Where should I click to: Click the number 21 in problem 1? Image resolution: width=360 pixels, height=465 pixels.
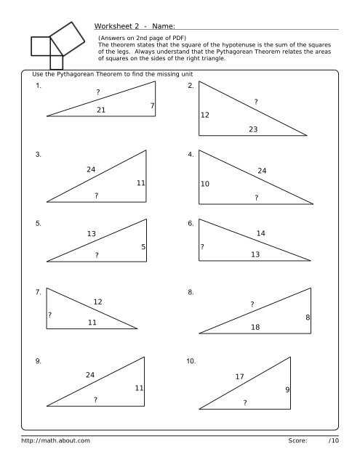click(x=101, y=110)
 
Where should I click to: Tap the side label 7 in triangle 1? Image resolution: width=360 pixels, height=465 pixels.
click(x=152, y=106)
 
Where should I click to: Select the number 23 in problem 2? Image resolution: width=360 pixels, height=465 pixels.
click(x=253, y=129)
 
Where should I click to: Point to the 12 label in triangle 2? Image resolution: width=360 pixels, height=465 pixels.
click(x=205, y=115)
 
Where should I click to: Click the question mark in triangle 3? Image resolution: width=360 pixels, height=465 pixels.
click(x=96, y=195)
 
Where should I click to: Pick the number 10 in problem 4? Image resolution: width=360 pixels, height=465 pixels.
click(x=205, y=184)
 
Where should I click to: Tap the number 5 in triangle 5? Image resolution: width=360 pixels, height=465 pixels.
click(x=143, y=247)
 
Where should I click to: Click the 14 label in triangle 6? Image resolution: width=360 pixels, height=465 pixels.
click(x=261, y=233)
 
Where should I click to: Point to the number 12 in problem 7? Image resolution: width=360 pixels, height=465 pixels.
click(x=97, y=302)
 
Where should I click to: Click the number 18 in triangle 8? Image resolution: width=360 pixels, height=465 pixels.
click(x=255, y=328)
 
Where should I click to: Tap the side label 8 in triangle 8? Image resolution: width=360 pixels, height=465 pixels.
click(x=308, y=318)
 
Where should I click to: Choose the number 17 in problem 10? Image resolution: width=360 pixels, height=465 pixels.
click(x=239, y=376)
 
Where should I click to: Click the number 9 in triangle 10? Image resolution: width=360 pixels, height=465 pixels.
click(x=288, y=390)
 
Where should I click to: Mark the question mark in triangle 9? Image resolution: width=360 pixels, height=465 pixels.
click(x=95, y=400)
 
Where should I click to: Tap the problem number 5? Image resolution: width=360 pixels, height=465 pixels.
click(x=38, y=223)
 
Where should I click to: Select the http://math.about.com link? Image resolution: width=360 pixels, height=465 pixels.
click(x=55, y=440)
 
